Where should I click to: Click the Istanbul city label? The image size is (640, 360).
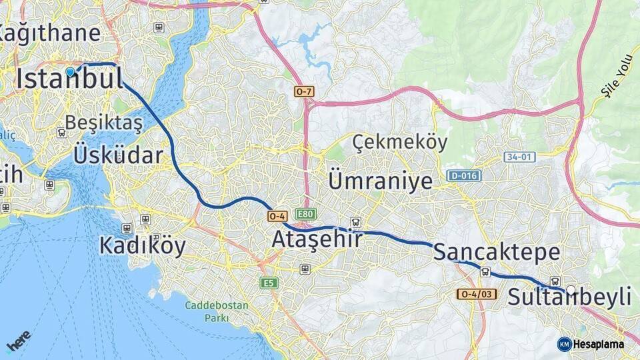coord(70,79)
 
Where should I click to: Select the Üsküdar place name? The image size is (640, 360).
coord(118,155)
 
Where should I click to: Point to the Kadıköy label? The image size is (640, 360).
coord(143,245)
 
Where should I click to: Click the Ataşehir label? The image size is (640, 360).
coord(317,239)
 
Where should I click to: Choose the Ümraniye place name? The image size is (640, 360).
coord(381,181)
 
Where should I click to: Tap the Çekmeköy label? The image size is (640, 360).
coord(400,141)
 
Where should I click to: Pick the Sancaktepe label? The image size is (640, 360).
coord(497,252)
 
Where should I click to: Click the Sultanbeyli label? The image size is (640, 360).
coord(569,297)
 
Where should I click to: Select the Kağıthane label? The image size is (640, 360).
coord(50,33)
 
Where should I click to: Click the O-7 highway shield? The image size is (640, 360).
coord(303,91)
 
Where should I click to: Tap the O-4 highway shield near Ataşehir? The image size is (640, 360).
coord(277,216)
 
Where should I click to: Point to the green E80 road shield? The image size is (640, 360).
coord(306,214)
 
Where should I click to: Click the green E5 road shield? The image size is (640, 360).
coord(269,283)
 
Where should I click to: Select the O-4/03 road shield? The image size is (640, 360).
coord(477,294)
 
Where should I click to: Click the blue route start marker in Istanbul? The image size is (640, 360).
coord(70,71)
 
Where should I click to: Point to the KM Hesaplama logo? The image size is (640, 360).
coord(591,344)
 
